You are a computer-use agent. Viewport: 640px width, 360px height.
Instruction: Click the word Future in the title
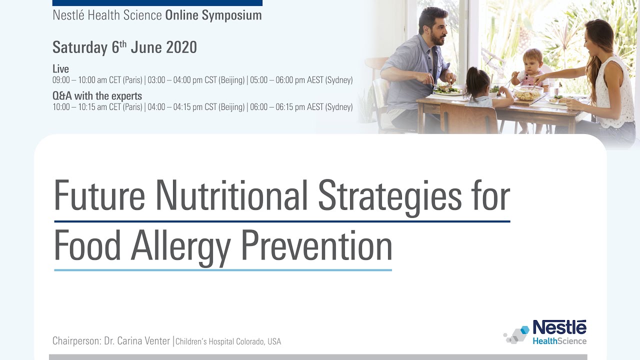point(99,194)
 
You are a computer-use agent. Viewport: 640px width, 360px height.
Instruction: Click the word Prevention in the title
point(316,245)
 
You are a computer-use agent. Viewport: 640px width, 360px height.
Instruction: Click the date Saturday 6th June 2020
point(124,47)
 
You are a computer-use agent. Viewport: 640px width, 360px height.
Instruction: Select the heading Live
point(60,69)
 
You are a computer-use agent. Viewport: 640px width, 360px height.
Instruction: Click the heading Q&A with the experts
point(97,96)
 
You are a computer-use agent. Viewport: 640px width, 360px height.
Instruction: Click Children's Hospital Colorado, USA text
point(228,341)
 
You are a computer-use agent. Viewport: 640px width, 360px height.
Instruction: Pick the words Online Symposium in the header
point(213,15)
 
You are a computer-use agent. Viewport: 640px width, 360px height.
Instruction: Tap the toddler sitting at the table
point(531,67)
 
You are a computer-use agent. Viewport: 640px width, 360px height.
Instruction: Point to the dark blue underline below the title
point(282,221)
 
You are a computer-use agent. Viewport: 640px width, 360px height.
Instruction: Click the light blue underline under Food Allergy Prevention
point(222,270)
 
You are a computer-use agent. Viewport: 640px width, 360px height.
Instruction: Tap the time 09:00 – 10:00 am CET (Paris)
point(97,80)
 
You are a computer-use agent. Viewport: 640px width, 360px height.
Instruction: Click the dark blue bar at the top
point(157,2)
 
